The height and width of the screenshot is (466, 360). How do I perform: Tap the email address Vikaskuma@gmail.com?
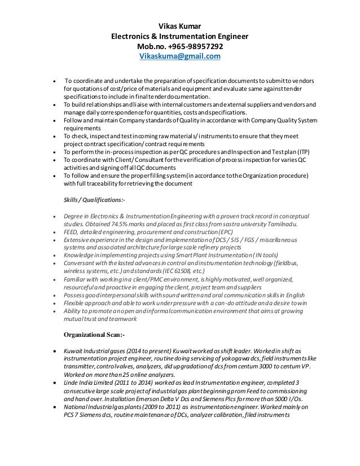pyautogui.click(x=179, y=57)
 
